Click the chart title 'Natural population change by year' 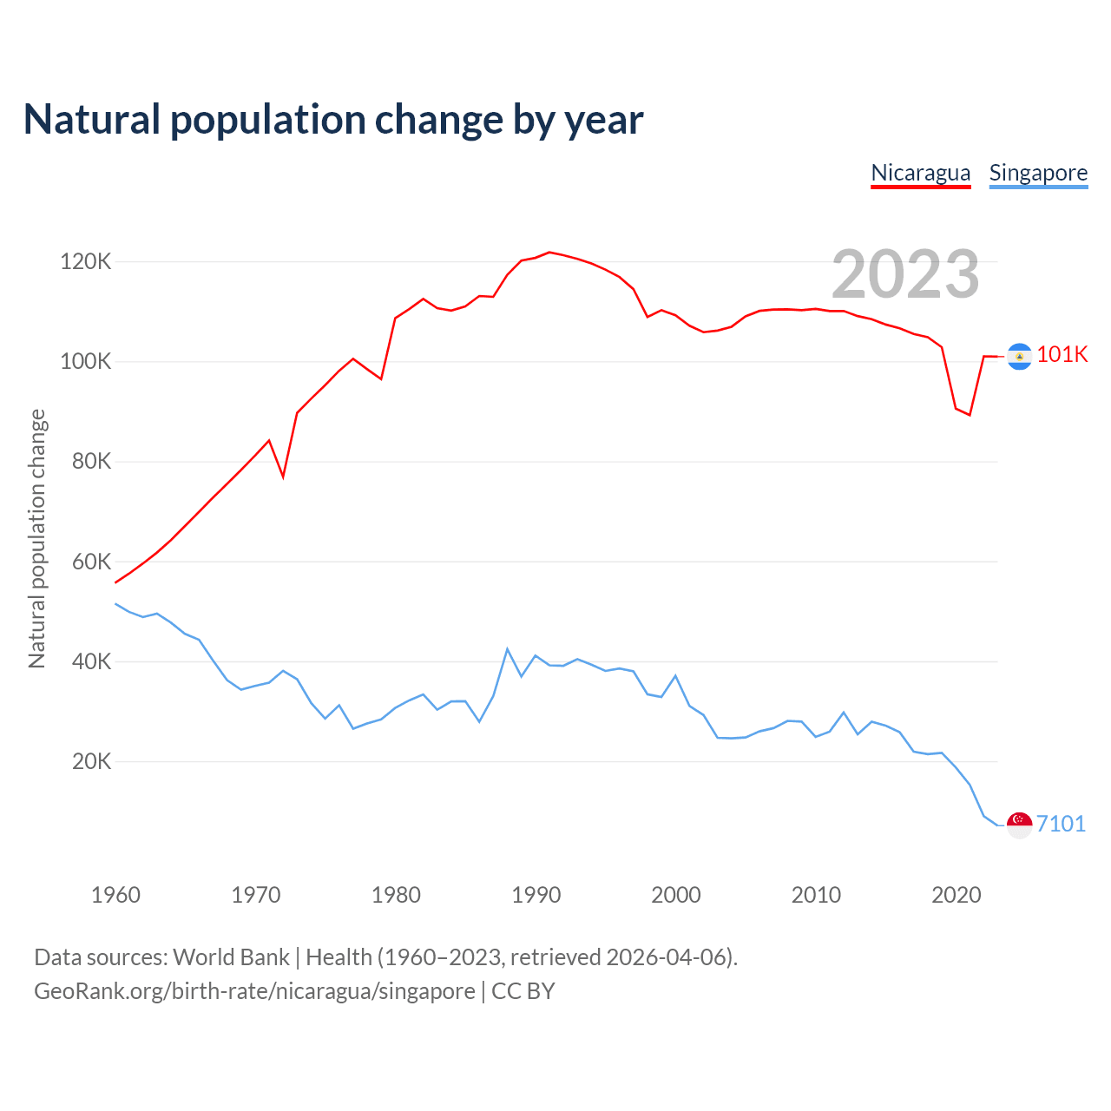(x=333, y=120)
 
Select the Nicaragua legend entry (x=920, y=173)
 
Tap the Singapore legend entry (x=1038, y=173)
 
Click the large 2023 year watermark (x=905, y=274)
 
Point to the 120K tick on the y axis (x=85, y=261)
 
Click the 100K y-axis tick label (x=85, y=361)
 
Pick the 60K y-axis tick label (x=91, y=562)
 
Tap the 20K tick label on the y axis (x=91, y=761)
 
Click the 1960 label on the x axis (x=115, y=895)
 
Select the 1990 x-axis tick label (x=536, y=895)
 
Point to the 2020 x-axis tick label (x=956, y=895)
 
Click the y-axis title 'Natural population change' (x=37, y=539)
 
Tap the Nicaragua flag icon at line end (x=1019, y=356)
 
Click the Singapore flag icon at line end (x=1019, y=825)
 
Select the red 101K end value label (x=1062, y=354)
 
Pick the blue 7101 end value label (x=1061, y=824)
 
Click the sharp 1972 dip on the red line (x=283, y=477)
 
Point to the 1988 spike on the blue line (x=507, y=649)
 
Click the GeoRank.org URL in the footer (x=254, y=990)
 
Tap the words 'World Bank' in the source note (x=231, y=957)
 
